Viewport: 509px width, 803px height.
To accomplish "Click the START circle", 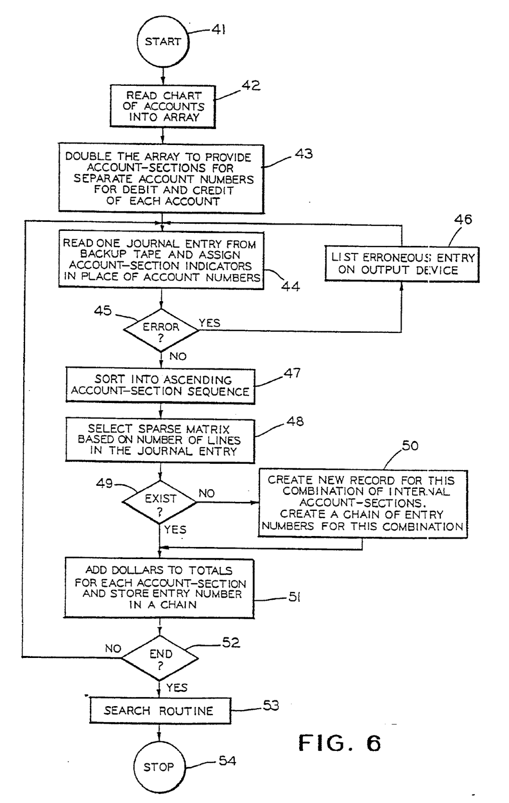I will coord(162,42).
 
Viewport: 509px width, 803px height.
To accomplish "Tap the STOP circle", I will coord(159,766).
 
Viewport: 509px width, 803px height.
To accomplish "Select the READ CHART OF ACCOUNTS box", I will coord(163,106).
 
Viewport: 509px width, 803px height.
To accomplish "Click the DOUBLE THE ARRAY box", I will coord(161,179).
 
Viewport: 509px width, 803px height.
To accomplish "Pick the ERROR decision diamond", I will coord(161,332).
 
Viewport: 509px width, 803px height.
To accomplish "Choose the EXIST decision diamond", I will coord(160,503).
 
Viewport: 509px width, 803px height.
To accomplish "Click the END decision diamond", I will coord(160,659).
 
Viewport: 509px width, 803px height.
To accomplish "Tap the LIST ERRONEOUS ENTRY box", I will coord(401,264).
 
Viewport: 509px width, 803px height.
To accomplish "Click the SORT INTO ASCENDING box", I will coord(160,386).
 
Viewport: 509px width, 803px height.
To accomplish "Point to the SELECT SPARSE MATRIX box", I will coord(160,440).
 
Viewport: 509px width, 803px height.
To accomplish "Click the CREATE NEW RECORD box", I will coord(362,503).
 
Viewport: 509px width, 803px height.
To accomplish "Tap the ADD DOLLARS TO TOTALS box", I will coord(160,587).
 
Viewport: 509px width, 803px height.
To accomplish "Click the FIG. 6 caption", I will coord(340,743).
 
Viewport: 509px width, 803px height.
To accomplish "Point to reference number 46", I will coord(463,220).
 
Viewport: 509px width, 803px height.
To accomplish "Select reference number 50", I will coord(410,446).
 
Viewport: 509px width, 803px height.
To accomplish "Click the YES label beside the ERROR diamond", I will coord(209,323).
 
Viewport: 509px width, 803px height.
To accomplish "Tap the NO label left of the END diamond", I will coord(113,648).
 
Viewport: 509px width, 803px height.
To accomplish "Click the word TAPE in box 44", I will coord(149,255).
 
